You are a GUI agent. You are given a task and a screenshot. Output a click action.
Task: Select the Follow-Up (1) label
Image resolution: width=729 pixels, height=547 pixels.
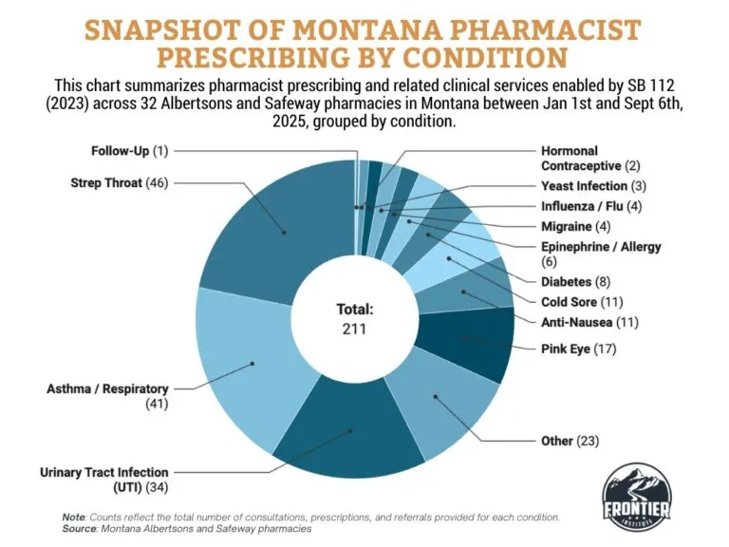129,151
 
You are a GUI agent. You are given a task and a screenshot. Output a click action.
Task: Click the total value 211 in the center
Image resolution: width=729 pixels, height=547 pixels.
355,330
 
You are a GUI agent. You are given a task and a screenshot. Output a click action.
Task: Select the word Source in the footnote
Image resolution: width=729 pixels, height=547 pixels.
82,528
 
